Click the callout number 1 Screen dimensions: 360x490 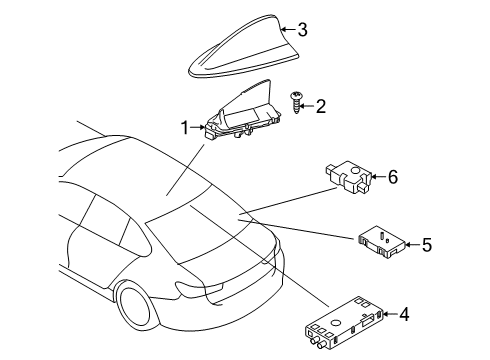[x=184, y=128]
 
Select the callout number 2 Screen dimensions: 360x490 [x=320, y=104]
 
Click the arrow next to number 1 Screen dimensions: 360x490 [x=198, y=128]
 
